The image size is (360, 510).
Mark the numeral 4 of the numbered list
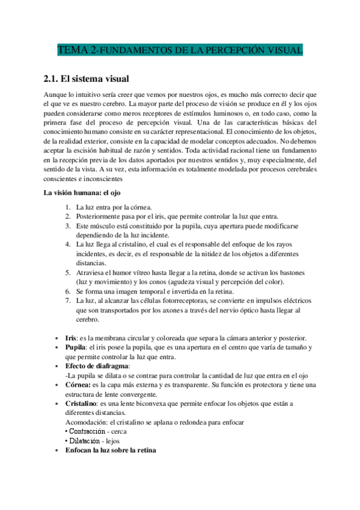68,245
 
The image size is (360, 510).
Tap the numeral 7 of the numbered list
68,301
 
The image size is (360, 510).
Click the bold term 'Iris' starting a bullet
71,337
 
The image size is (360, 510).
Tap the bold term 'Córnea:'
78,384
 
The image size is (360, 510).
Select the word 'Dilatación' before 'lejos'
84,440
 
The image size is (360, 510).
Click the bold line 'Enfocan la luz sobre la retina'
111,450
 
